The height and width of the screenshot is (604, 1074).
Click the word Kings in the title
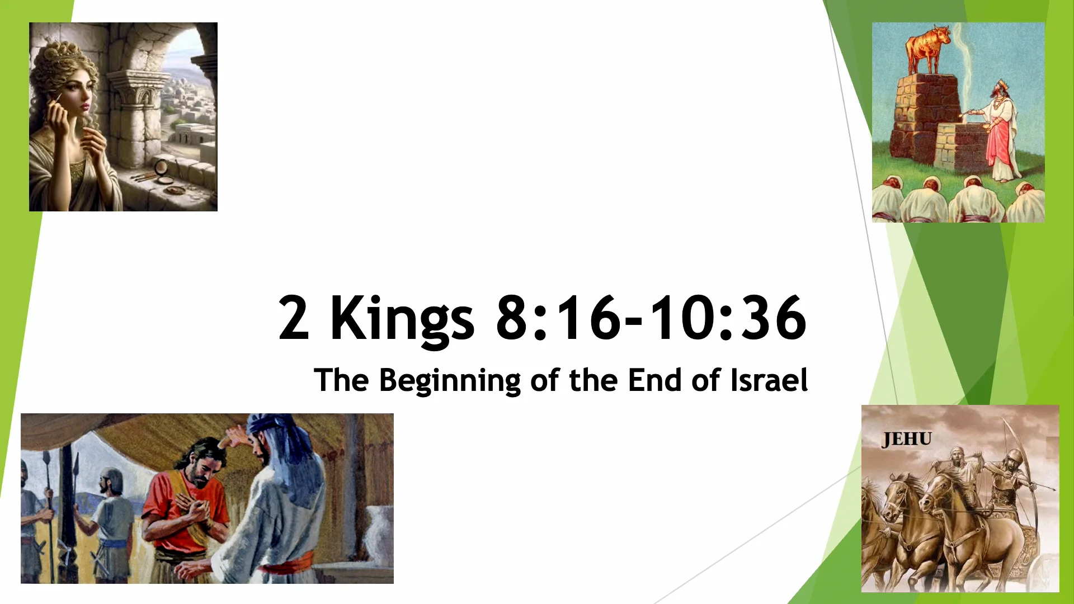tap(402, 319)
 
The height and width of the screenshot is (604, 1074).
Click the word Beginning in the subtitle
tap(450, 381)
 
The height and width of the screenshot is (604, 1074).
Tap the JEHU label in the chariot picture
tap(906, 440)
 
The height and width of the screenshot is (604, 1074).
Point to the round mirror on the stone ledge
tap(162, 167)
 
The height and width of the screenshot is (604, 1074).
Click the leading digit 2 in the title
tap(293, 319)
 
